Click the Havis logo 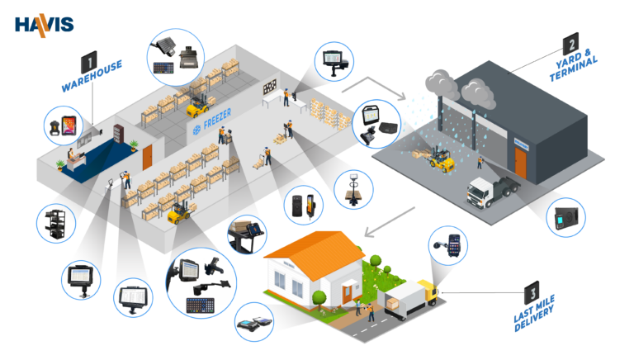pos(44,23)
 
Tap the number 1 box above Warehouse pos(89,61)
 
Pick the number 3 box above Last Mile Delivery pos(534,292)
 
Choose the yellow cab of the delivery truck pos(427,291)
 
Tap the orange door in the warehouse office pos(148,157)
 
